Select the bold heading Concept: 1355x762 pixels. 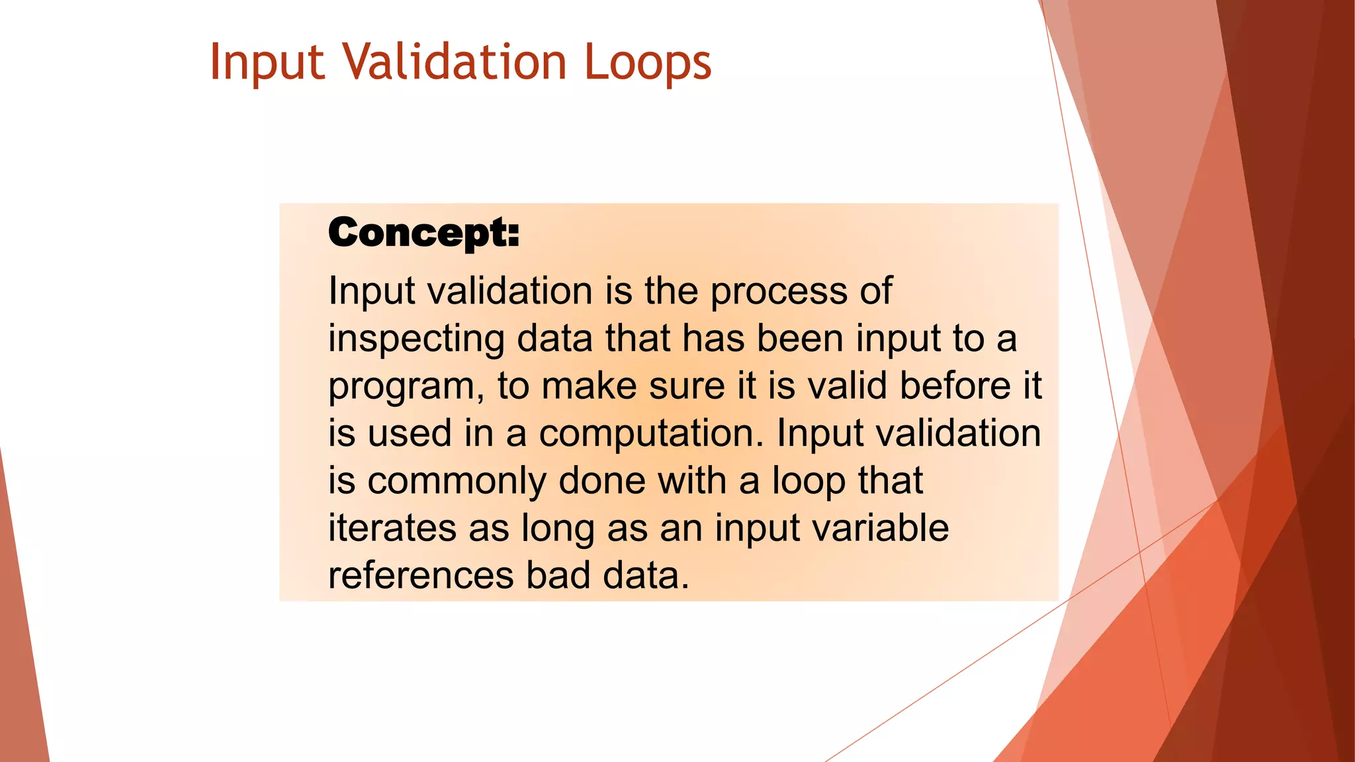tap(423, 233)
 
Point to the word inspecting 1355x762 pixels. tap(416, 339)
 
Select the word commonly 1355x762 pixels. tap(457, 482)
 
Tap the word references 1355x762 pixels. tap(421, 575)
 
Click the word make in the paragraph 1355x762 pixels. tap(589, 386)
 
